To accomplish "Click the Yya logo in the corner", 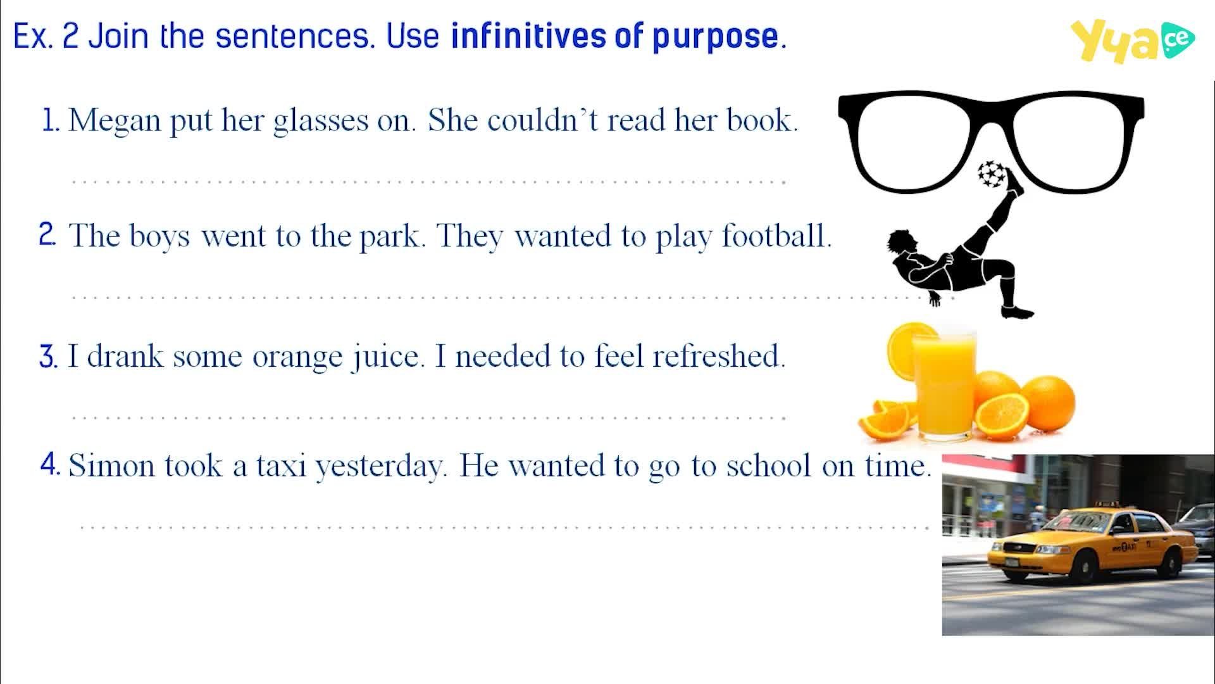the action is click(1132, 41).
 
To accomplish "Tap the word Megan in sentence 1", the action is click(115, 120).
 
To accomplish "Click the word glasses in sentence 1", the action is click(320, 120).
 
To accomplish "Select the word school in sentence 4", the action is click(768, 465).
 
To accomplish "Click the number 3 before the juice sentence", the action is click(48, 357).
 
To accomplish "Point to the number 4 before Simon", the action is click(50, 465).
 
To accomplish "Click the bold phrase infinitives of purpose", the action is click(618, 37).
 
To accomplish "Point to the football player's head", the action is click(899, 243).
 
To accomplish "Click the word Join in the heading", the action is click(120, 36).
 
